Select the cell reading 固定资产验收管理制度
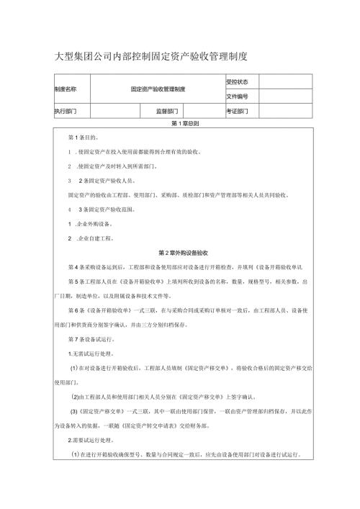tap(158, 89)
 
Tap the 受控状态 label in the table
tap(237, 81)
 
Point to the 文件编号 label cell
tap(237, 96)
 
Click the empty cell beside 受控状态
tap(285, 81)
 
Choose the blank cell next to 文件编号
tap(285, 96)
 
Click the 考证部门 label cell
tap(237, 111)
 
